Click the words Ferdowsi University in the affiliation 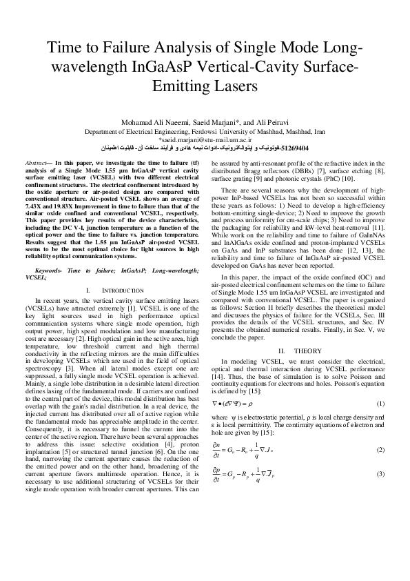pyautogui.click(x=217, y=130)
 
